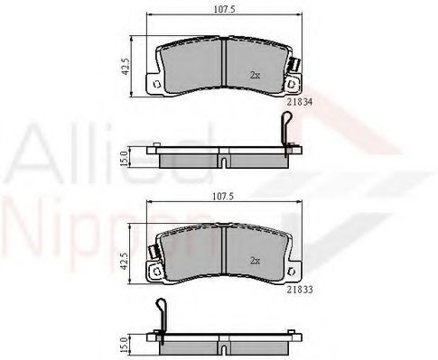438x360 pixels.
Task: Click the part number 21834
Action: (x=300, y=102)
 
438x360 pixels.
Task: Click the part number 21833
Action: (x=300, y=290)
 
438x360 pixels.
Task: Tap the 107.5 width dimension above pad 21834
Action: (x=224, y=9)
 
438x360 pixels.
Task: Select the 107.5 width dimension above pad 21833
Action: (x=223, y=197)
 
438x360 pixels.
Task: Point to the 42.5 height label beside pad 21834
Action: (x=126, y=67)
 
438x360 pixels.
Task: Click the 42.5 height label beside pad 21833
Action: (x=126, y=261)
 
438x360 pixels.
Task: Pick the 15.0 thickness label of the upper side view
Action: (x=124, y=159)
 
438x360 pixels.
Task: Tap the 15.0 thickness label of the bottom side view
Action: (x=124, y=346)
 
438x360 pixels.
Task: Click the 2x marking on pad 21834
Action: (x=255, y=75)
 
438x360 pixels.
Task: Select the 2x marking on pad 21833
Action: (x=255, y=261)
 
